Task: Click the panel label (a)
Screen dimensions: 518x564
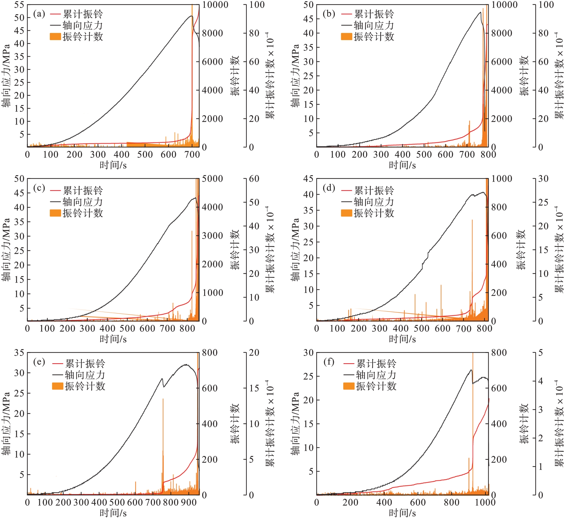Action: click(x=39, y=14)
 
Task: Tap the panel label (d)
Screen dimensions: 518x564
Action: click(x=329, y=188)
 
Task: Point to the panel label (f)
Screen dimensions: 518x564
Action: click(x=329, y=361)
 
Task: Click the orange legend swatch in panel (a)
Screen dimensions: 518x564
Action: click(x=55, y=37)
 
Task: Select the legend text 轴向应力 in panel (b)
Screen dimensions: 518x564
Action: click(x=374, y=25)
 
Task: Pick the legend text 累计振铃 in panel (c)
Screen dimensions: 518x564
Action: click(x=83, y=191)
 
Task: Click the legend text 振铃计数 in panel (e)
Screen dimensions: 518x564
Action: click(x=85, y=386)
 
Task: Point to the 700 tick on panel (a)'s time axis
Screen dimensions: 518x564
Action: click(x=192, y=155)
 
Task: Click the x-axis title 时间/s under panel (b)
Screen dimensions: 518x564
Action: click(x=402, y=165)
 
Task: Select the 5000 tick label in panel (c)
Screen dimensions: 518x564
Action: click(x=212, y=179)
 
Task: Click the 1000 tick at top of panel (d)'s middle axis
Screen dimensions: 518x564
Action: click(x=502, y=179)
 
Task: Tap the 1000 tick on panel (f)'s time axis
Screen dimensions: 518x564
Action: click(x=485, y=502)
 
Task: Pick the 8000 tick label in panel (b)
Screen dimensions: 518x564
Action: click(x=502, y=33)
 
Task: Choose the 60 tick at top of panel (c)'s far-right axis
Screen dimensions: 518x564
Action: click(x=254, y=179)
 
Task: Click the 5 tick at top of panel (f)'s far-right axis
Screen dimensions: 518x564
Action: click(x=540, y=353)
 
